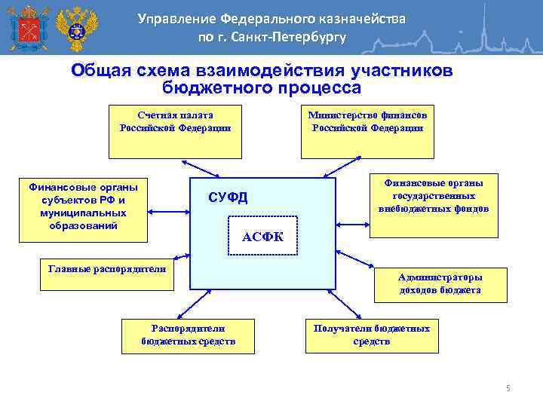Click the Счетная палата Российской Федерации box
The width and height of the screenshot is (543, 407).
pyautogui.click(x=175, y=132)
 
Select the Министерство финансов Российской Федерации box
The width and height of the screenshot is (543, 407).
pyautogui.click(x=367, y=132)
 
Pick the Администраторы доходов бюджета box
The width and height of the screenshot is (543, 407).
pyautogui.click(x=440, y=284)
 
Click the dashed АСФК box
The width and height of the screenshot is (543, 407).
pyautogui.click(x=262, y=237)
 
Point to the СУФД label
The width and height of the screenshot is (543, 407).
pyautogui.click(x=227, y=198)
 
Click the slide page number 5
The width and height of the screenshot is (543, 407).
pyautogui.click(x=508, y=388)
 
